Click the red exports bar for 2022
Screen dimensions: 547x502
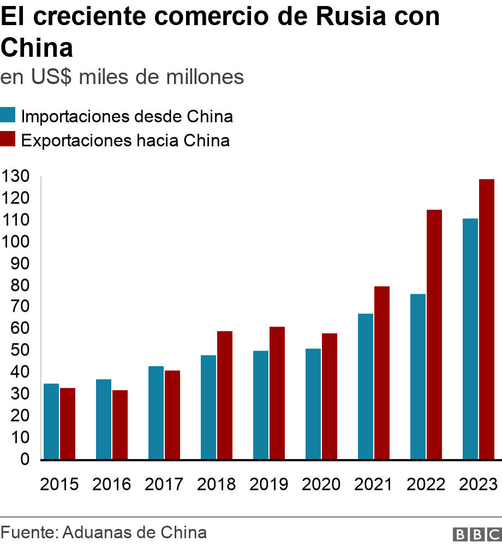tap(434, 334)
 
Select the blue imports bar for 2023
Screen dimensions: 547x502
tap(470, 338)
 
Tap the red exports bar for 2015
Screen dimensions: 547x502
tap(68, 423)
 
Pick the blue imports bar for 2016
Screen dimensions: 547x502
tap(103, 419)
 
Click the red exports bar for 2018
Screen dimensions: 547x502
tap(225, 395)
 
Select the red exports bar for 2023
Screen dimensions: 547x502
tap(487, 319)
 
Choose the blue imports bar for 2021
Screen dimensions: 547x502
tap(365, 386)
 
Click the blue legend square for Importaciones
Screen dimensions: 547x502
tap(8, 116)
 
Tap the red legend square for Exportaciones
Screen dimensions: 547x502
tap(8, 140)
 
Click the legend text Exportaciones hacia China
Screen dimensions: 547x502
tap(125, 141)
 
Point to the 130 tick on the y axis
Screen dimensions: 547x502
tap(15, 176)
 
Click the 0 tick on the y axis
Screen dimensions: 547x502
tap(25, 460)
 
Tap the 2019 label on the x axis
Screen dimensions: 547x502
tap(269, 484)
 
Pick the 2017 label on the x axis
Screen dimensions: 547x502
tap(164, 484)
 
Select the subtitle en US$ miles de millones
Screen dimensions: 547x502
tap(122, 77)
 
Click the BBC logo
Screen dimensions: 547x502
tap(477, 534)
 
